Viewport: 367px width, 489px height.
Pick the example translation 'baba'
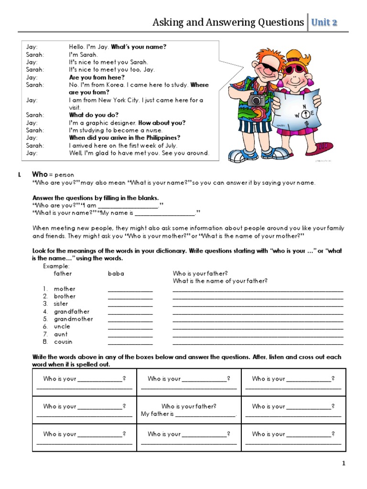point(116,274)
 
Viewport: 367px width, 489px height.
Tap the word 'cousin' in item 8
point(63,342)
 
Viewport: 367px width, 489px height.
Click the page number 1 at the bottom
point(343,463)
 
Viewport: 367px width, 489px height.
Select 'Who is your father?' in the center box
point(189,406)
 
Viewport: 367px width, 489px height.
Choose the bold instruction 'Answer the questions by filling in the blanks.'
point(96,198)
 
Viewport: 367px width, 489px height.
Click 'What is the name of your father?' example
point(220,281)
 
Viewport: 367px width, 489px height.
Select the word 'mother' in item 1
point(65,289)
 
